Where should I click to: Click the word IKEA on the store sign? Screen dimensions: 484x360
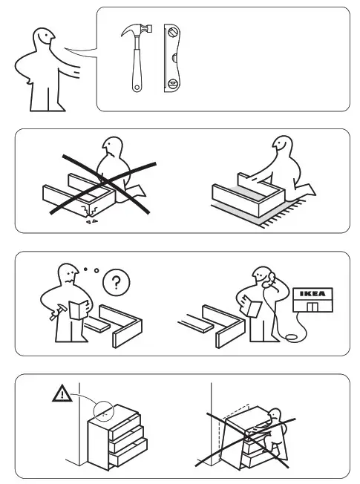pos(312,293)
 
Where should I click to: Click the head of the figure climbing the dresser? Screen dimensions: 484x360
pos(278,416)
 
